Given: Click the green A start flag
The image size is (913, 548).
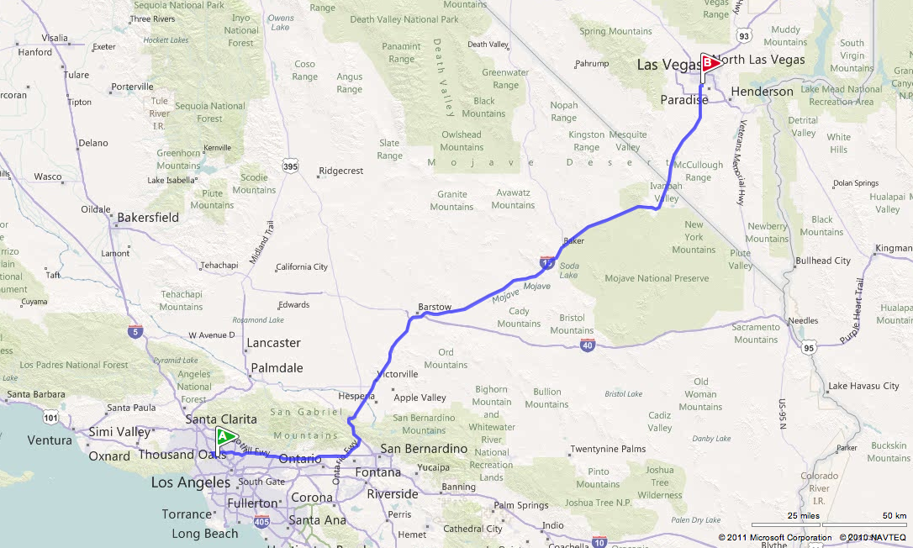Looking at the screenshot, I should (x=225, y=436).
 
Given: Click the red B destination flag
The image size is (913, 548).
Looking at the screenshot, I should (x=709, y=62).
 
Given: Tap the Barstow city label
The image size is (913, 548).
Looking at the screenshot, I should (x=435, y=307).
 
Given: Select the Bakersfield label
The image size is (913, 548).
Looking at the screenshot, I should (x=148, y=217).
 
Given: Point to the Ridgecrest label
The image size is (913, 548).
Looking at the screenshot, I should (x=340, y=171).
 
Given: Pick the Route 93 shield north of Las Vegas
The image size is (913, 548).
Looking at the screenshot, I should (x=742, y=36).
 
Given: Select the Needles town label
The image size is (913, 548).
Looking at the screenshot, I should (x=802, y=320).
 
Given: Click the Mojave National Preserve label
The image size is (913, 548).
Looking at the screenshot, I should (x=657, y=278).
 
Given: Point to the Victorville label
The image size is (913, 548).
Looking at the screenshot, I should (x=398, y=374).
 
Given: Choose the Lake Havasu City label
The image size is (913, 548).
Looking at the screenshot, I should (x=863, y=386).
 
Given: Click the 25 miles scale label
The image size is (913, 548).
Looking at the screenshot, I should (x=803, y=515).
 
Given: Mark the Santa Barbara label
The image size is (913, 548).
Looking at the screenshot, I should (x=35, y=393).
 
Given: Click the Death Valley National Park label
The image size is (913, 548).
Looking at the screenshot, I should (x=404, y=19).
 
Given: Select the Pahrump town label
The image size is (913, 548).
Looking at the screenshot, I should (x=591, y=64).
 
